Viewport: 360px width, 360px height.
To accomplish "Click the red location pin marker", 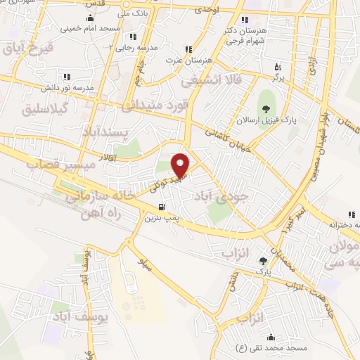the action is [181, 165].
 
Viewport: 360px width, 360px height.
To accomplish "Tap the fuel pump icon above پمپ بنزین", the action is [162, 207].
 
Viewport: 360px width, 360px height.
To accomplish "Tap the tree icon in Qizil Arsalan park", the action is [266, 108].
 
